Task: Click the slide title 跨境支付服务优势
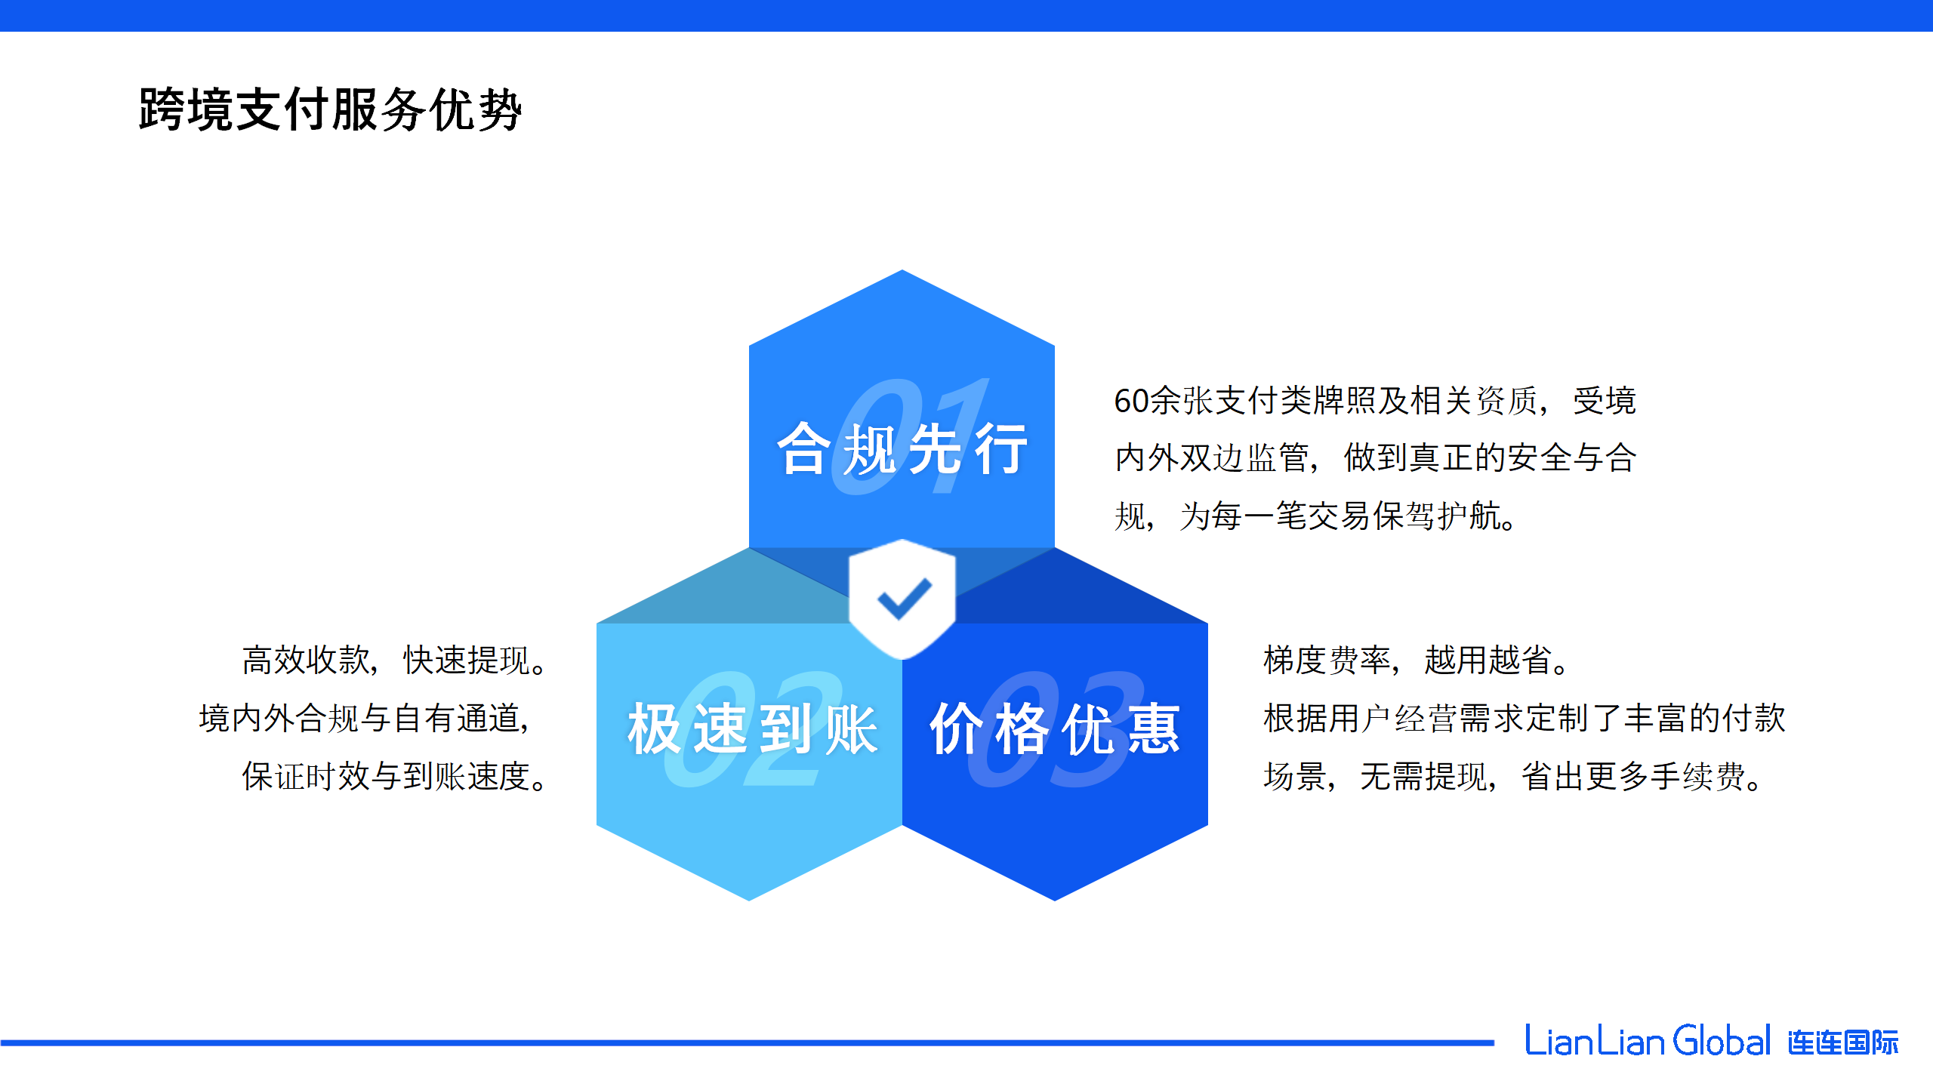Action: [331, 109]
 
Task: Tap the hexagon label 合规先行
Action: [902, 449]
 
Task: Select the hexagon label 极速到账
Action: [753, 728]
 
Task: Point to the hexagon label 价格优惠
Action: [1055, 728]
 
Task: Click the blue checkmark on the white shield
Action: [904, 599]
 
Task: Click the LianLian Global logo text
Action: [1648, 1041]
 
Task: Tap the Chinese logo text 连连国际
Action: [1842, 1042]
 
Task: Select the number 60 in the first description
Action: [1131, 401]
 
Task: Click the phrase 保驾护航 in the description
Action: [1436, 516]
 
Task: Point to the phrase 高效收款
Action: [306, 660]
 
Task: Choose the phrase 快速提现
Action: [467, 660]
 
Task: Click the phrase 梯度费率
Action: [1327, 660]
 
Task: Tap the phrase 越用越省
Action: [1488, 660]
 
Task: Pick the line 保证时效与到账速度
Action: [386, 776]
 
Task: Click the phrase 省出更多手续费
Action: [1633, 776]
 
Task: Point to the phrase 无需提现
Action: [1423, 776]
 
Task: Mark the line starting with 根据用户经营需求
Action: [1525, 718]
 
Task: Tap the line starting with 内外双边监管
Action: [1376, 458]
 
